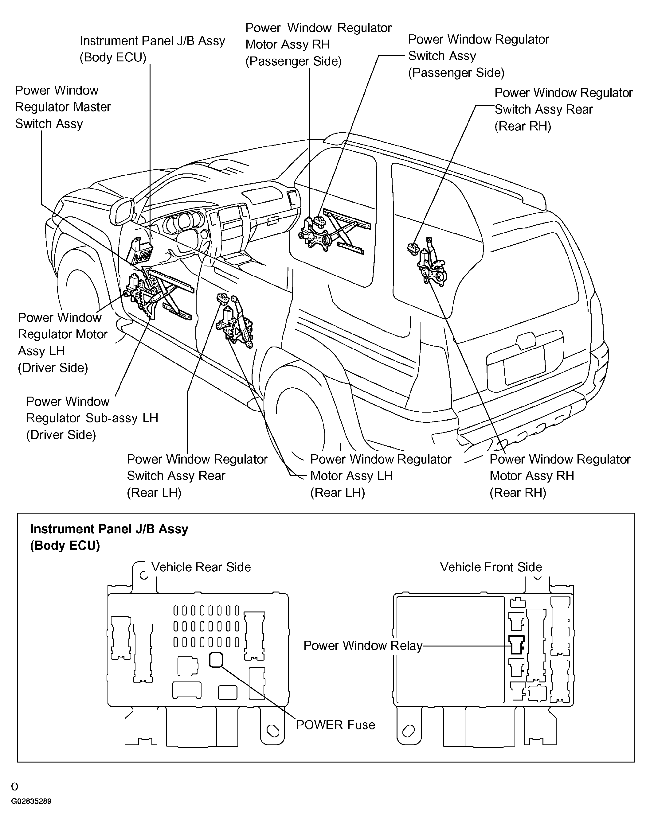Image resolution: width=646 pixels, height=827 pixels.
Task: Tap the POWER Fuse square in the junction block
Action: pos(216,660)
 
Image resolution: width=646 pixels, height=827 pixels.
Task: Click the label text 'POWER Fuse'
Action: pos(335,725)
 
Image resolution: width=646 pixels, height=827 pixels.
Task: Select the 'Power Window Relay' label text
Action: pos(362,645)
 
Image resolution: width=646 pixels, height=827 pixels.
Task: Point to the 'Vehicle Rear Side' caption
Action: pos(201,567)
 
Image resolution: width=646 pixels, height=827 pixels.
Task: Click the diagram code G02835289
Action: pos(31,801)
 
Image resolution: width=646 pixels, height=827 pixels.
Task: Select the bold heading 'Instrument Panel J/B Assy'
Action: pos(109,529)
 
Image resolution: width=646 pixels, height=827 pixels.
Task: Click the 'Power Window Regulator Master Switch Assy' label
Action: pos(63,107)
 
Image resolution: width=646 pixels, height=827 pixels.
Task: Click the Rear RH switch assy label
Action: pos(563,109)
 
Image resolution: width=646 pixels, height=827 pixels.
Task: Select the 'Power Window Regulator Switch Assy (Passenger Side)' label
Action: pos(478,56)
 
